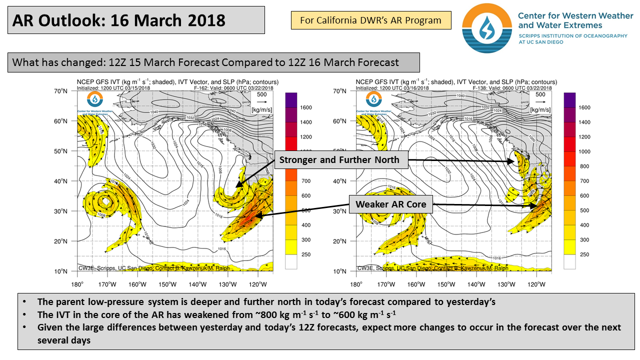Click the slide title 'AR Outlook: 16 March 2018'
(118, 20)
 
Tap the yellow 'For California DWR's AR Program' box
(370, 20)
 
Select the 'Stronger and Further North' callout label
(339, 160)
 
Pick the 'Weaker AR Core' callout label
(390, 204)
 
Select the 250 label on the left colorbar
(306, 254)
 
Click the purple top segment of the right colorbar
(570, 99)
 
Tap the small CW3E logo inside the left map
(93, 99)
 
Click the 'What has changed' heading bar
(213, 62)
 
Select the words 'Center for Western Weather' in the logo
(575, 15)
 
